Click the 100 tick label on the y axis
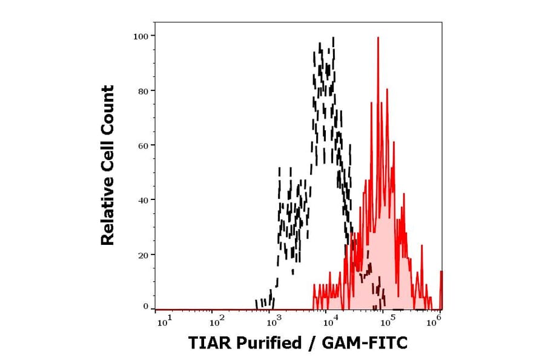tap(141, 36)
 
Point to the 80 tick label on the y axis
tap(144, 91)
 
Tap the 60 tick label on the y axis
tap(144, 145)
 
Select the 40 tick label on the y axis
tap(144, 200)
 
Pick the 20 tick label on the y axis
tap(144, 255)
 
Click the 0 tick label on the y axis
tap(146, 307)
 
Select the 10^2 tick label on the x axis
tap(217, 321)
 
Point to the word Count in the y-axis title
tap(108, 108)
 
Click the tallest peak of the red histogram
tap(378, 38)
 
